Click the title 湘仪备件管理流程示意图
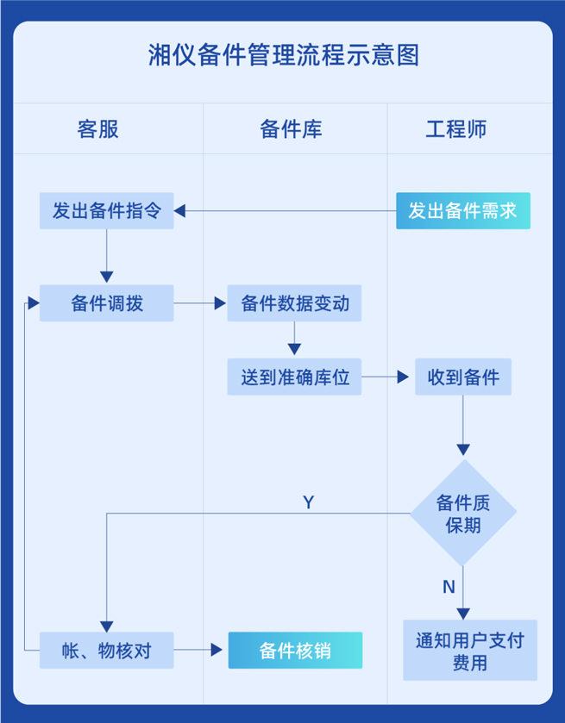click(x=283, y=56)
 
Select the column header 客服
click(x=97, y=129)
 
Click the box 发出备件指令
click(x=106, y=211)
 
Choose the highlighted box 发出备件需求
click(x=463, y=211)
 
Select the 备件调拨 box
click(x=106, y=303)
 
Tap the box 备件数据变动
click(x=294, y=303)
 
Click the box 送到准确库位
click(x=294, y=377)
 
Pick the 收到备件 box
click(x=463, y=377)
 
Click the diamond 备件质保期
click(x=463, y=513)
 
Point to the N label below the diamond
click(x=449, y=587)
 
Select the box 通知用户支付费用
click(x=470, y=651)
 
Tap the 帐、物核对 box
click(x=106, y=651)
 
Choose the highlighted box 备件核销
click(x=295, y=651)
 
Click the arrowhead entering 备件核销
click(x=218, y=651)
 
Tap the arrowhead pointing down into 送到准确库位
click(x=294, y=349)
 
